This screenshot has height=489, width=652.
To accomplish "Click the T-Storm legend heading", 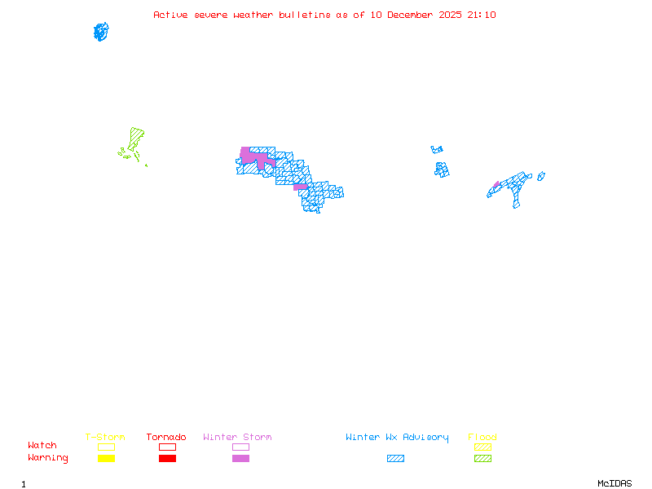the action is (x=105, y=438).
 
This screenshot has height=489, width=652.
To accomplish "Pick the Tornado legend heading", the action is (x=166, y=438).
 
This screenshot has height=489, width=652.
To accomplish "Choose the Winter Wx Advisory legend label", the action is (x=397, y=438).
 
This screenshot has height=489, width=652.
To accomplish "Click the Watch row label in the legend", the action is (x=42, y=446).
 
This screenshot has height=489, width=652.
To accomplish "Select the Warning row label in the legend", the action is (x=48, y=458).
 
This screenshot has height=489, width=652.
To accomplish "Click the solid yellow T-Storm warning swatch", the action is (x=106, y=459).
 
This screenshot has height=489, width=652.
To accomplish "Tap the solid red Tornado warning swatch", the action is (x=167, y=459).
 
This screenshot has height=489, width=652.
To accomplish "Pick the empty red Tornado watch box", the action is (x=167, y=447).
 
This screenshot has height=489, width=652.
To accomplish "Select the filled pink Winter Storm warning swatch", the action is (x=240, y=459).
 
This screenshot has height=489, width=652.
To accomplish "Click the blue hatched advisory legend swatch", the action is (x=395, y=459).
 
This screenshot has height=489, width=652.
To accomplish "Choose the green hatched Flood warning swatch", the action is (x=482, y=459).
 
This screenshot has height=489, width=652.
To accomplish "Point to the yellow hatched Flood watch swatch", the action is (x=482, y=447).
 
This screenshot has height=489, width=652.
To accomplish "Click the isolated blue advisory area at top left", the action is (x=101, y=32).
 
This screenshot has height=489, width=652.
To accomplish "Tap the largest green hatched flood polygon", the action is (x=135, y=138).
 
